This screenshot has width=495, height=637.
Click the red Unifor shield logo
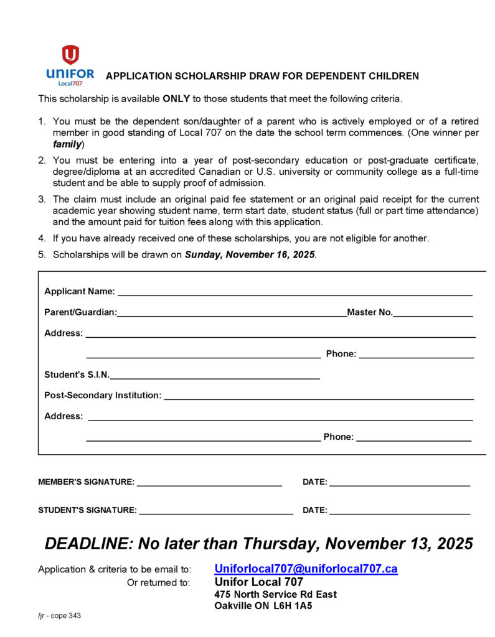[x=70, y=55]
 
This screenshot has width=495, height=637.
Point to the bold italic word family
[x=67, y=144]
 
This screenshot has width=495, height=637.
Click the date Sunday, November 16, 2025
[x=250, y=255]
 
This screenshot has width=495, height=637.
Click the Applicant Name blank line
[x=295, y=293]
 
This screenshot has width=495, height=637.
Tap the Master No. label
[x=370, y=312]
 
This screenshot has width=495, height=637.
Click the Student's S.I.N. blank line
[x=215, y=376]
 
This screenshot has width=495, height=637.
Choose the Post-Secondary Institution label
[x=103, y=395]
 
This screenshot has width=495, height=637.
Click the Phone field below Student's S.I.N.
[x=413, y=439]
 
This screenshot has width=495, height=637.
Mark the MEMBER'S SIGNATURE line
[x=209, y=483]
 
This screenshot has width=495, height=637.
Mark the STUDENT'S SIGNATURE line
[x=216, y=512]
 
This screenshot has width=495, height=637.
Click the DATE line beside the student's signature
[x=399, y=512]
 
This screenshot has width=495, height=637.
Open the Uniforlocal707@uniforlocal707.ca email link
[x=306, y=569]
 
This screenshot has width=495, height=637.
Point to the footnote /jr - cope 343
[x=60, y=616]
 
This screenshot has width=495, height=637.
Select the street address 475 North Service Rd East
[x=275, y=594]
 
